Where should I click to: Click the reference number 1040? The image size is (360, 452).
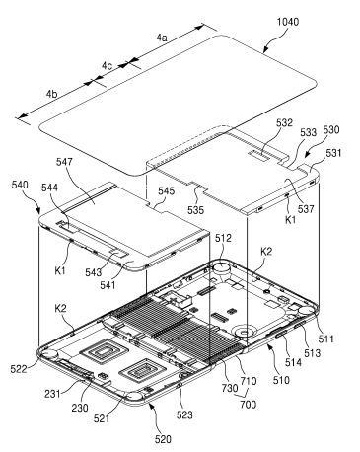point(288,22)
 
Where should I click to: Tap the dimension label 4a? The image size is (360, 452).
point(162,38)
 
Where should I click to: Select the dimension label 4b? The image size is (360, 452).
point(51,94)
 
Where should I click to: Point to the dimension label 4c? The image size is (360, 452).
point(107,66)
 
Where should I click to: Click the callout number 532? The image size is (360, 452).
point(284,123)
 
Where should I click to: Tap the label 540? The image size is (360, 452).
point(20,185)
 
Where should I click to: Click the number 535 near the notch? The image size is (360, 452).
point(195,210)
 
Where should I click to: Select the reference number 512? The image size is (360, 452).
point(223,238)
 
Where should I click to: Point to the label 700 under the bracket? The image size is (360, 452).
point(249,404)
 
